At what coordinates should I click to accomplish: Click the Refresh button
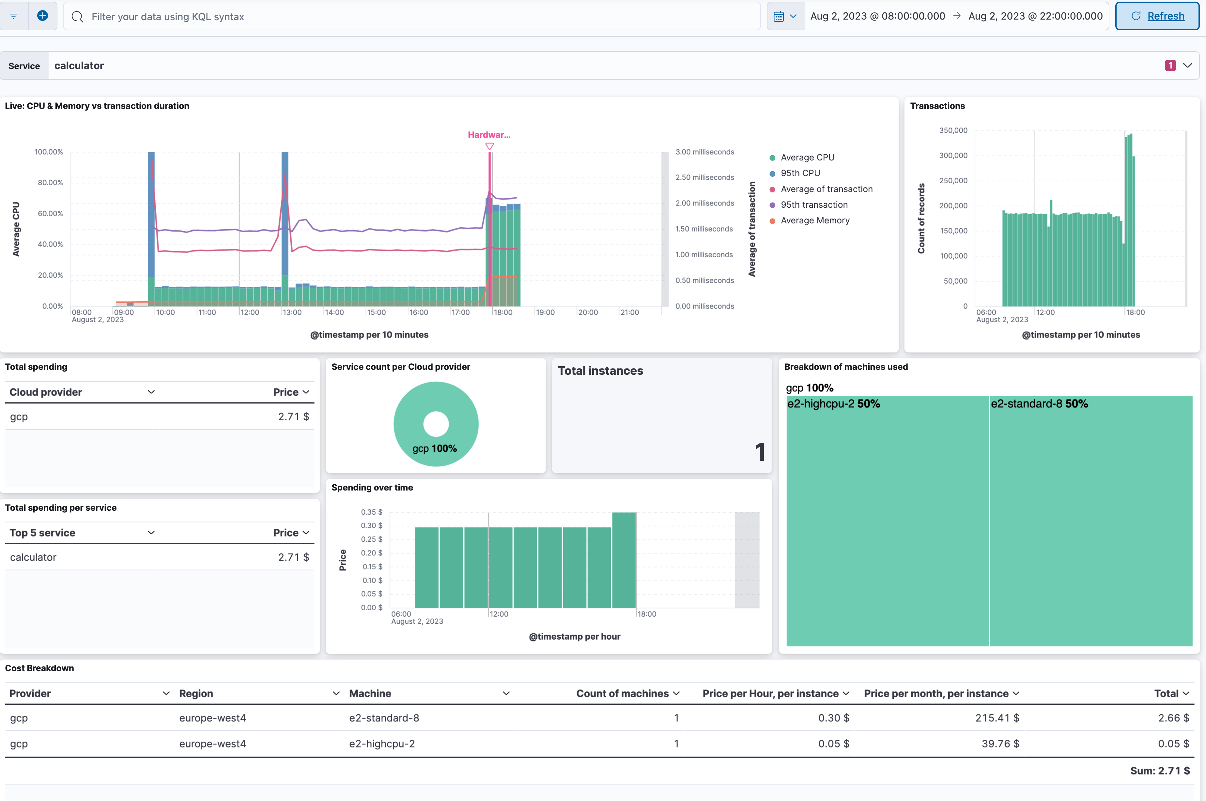1157,16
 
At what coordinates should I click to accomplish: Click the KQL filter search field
409,16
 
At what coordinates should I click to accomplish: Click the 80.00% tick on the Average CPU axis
50,182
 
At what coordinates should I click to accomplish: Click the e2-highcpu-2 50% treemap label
833,403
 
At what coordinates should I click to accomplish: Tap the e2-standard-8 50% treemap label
1039,403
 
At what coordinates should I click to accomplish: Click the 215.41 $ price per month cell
997,718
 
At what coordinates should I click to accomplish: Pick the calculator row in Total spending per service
33,557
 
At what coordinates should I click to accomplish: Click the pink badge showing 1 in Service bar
1170,65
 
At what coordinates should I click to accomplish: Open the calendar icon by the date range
778,16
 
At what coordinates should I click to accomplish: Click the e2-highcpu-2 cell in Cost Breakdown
382,744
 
